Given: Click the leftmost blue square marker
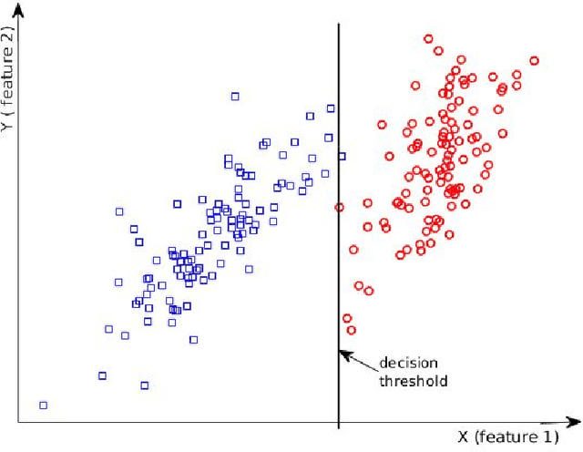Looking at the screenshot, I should [43, 405].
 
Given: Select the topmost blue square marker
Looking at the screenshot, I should [235, 96].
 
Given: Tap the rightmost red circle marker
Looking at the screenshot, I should [534, 61].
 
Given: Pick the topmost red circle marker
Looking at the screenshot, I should [428, 38].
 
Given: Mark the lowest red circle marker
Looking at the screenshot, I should [351, 330].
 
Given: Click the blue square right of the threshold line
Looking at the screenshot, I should [342, 156].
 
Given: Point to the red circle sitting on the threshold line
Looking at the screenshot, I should [339, 207].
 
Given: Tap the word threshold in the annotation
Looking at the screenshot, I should [413, 381].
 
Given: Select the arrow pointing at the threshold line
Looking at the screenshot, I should [359, 358].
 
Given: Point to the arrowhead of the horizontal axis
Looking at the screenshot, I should [575, 422].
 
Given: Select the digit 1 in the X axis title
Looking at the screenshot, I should [537, 437].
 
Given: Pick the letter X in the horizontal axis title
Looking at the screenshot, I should [464, 437].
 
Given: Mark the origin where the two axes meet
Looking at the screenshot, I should [18, 422].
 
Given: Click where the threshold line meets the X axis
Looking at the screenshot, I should [339, 422].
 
